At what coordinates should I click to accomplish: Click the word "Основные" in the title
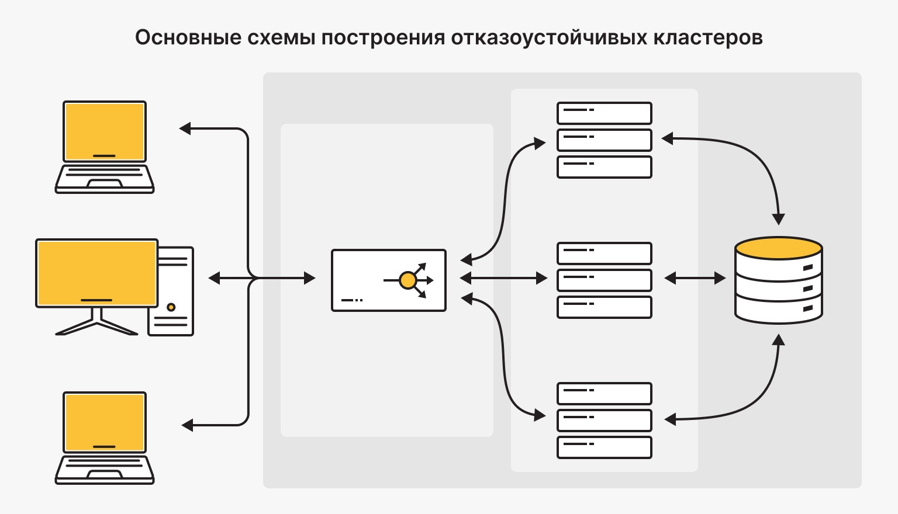point(188,38)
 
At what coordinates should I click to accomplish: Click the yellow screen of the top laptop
point(105,131)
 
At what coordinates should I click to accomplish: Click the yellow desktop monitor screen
point(96,272)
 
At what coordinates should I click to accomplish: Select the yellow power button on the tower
point(171,307)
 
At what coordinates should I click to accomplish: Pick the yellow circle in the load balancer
point(407,280)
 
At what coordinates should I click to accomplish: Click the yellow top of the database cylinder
point(778,248)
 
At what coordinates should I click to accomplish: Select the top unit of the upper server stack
point(604,113)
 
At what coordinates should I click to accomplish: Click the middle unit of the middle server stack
point(604,280)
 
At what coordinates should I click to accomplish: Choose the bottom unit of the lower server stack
point(604,447)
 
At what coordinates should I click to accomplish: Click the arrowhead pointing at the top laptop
point(185,128)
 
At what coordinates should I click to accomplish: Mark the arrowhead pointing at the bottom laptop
point(188,425)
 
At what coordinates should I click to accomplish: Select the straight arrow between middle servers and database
point(695,278)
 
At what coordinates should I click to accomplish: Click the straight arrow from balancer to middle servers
point(504,278)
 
